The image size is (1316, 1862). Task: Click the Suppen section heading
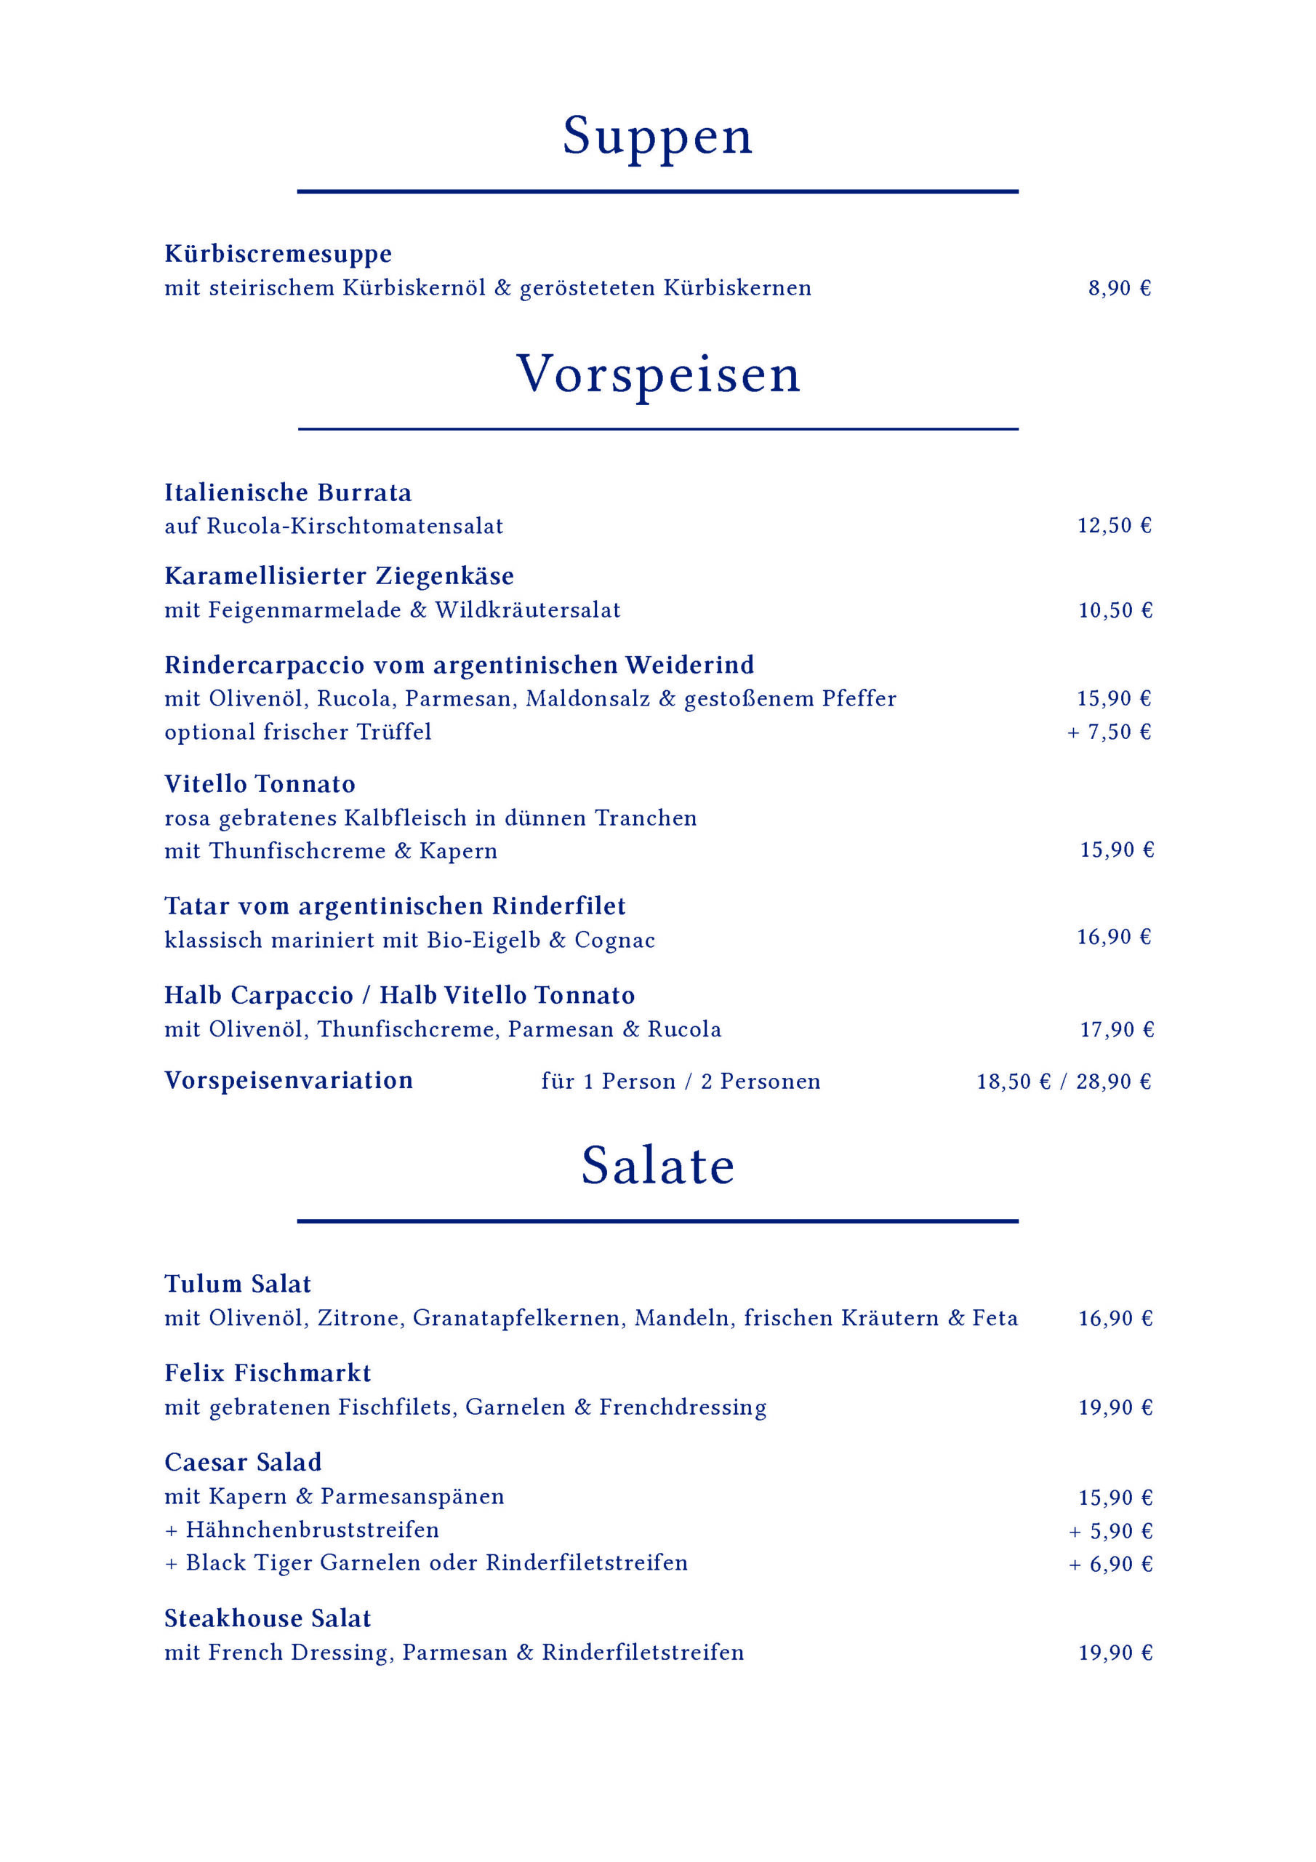657,136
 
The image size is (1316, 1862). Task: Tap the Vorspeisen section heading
657,375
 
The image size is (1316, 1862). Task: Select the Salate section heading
657,1166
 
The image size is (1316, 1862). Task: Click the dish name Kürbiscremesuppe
278,255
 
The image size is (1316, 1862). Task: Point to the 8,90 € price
1119,289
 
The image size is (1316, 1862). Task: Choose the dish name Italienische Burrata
288,493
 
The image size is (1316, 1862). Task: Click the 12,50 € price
1114,527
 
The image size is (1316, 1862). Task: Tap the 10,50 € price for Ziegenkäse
1115,611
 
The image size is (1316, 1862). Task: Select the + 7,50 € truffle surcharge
1110,732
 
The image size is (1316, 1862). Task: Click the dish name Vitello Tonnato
260,784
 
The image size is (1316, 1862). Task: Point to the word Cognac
614,940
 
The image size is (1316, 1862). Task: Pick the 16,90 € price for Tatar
1114,938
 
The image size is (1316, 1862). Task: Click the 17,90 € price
1117,1030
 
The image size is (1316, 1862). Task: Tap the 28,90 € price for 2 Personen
1113,1082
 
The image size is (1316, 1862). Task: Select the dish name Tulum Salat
238,1284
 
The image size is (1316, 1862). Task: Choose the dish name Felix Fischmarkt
268,1374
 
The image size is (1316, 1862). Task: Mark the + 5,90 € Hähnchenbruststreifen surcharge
1110,1532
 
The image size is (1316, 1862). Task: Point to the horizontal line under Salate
657,1220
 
